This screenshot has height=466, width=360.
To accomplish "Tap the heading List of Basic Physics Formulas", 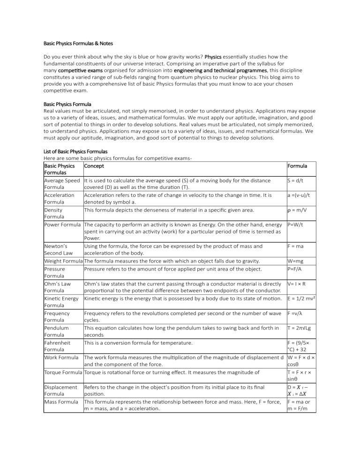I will tap(75, 151).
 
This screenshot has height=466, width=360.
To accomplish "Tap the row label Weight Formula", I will tap(63, 261).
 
